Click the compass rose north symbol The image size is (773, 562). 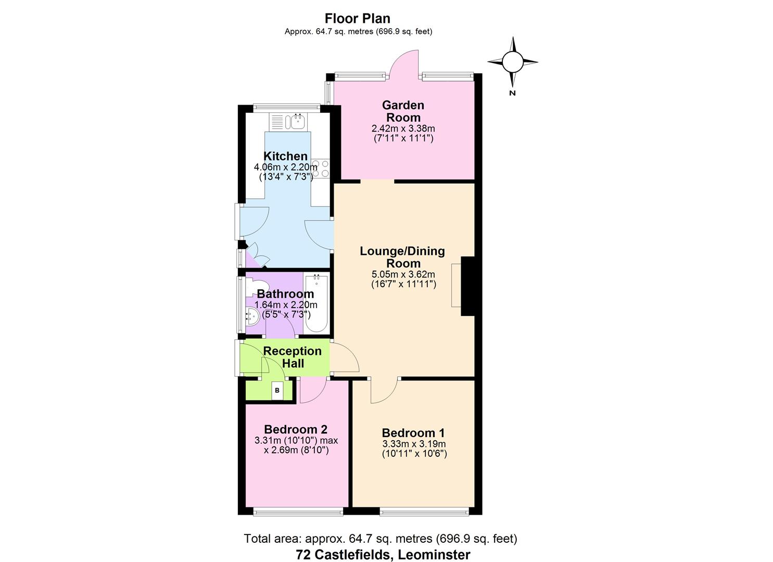[x=513, y=62]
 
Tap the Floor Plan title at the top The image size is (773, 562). [x=358, y=18]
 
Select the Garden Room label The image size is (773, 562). [x=403, y=111]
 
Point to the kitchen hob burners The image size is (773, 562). [x=320, y=169]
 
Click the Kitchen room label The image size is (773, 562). [x=285, y=156]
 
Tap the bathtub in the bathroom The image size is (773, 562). [x=316, y=303]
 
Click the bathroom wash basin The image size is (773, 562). [x=252, y=316]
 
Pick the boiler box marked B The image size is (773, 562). [x=277, y=390]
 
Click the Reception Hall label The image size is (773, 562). [x=293, y=357]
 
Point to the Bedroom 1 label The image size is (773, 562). [x=413, y=433]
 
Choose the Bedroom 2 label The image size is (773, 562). [x=296, y=429]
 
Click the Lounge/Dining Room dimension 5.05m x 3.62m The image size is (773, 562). [x=403, y=274]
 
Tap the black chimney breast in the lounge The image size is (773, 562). [x=468, y=286]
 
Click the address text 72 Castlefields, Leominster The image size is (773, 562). [x=383, y=555]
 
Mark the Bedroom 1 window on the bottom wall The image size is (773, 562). [x=424, y=512]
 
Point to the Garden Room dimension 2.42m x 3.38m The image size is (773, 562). [x=403, y=128]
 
